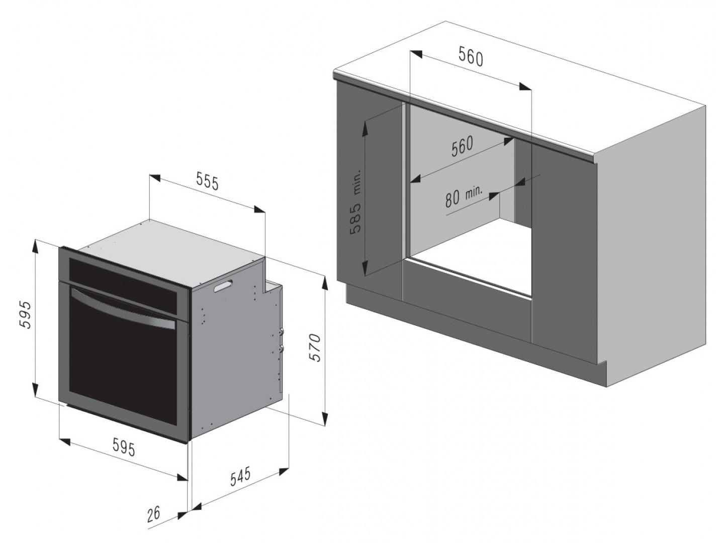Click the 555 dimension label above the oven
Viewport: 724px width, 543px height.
(207, 181)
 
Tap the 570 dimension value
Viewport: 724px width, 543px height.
(316, 348)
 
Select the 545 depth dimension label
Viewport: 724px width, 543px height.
(240, 476)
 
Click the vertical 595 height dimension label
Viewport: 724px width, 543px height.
(26, 315)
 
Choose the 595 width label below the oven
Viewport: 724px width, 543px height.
(124, 447)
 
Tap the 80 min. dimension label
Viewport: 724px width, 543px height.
(464, 196)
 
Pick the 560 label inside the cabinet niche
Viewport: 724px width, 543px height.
(462, 146)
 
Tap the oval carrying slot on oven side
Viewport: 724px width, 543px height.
(223, 286)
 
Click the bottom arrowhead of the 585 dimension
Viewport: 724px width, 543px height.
(365, 267)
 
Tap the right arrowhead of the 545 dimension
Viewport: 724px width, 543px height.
(284, 472)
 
